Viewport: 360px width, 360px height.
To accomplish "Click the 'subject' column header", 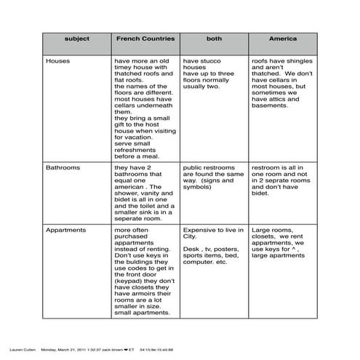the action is coord(77,38).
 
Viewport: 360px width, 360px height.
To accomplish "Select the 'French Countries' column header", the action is coord(144,38).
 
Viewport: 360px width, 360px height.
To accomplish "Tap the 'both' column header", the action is coord(214,38).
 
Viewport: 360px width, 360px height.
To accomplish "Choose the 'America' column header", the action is coord(282,38).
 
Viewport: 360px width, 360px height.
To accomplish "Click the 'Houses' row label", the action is coord(58,61).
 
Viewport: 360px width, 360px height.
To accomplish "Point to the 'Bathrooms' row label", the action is coord(63,167).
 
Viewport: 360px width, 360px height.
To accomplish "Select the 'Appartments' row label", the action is coord(66,230).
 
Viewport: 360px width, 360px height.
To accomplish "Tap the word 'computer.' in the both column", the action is coord(199,262).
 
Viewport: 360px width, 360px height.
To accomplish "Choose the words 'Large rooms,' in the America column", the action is coord(271,230).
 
